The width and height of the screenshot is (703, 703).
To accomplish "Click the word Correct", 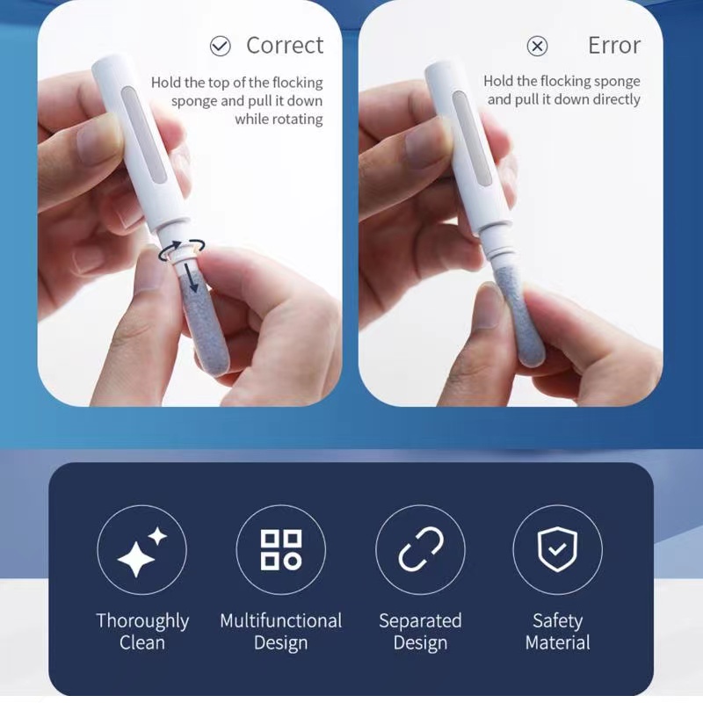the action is pos(285,46).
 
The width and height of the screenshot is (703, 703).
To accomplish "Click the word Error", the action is pos(614,46).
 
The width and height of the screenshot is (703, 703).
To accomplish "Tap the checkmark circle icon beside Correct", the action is pos(221,46).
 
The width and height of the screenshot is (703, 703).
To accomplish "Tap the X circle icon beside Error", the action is pos(537,46).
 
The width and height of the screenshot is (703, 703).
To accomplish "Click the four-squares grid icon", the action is pos(281,550).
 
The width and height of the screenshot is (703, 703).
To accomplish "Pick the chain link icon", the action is pos(421,550).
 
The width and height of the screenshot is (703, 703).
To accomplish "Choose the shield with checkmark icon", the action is pos(557,549).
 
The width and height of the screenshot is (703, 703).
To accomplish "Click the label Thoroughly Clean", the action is pos(142,632).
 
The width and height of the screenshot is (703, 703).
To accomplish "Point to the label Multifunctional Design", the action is pos(281,632).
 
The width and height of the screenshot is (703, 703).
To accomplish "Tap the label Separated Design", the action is pos(420,632).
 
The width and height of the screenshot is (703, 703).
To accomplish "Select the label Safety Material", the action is pos(557,632).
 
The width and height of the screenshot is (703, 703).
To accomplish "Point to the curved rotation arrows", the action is pos(181,250).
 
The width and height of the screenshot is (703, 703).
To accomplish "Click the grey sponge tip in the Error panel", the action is pos(521,317).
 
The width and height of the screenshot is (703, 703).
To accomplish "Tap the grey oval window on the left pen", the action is pos(143,134).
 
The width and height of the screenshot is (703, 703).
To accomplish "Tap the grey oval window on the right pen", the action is pos(472,138).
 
